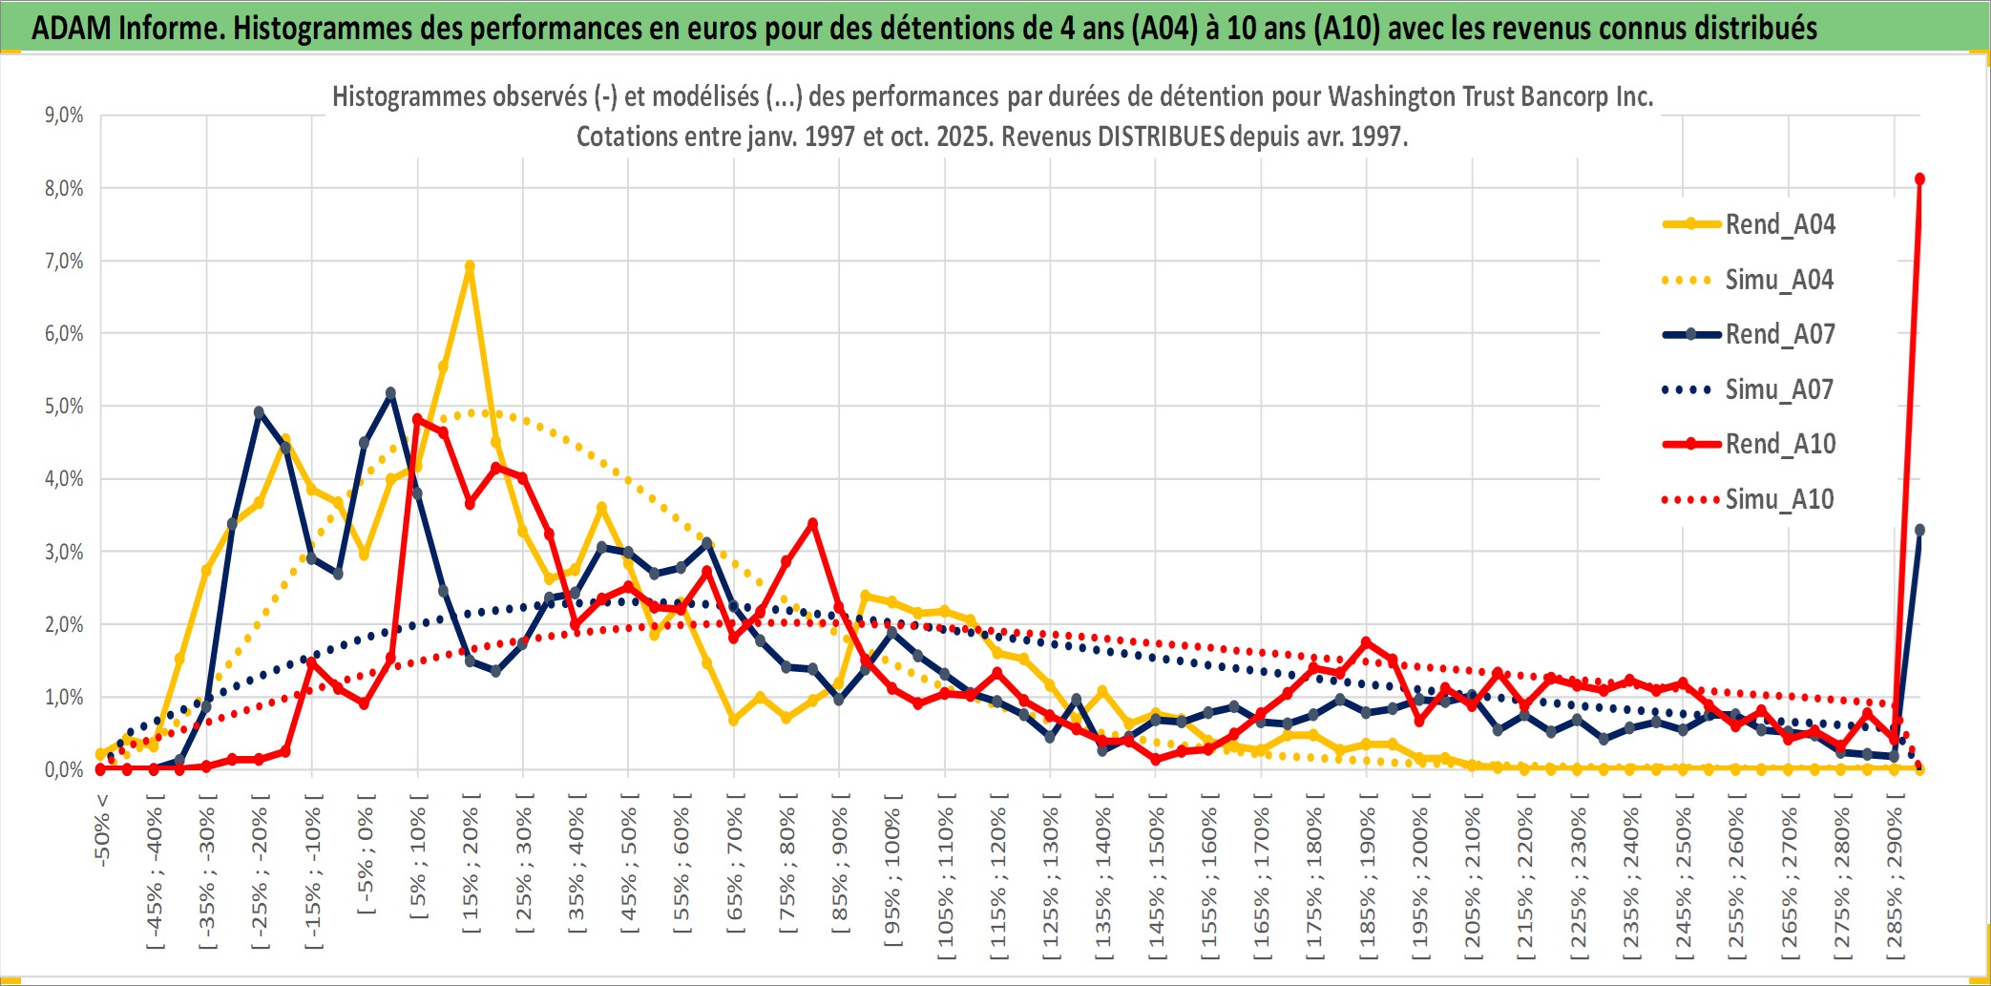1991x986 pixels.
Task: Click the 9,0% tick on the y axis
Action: pyautogui.click(x=64, y=115)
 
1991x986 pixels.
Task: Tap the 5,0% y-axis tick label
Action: pyautogui.click(x=64, y=407)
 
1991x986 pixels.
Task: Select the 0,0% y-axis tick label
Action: pyautogui.click(x=64, y=770)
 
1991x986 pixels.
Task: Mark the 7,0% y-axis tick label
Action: pyautogui.click(x=64, y=262)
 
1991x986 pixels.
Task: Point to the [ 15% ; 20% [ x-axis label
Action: pyautogui.click(x=472, y=869)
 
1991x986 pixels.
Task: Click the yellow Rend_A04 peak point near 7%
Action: pyautogui.click(x=470, y=266)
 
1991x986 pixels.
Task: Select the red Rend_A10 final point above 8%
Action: pyautogui.click(x=1919, y=179)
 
